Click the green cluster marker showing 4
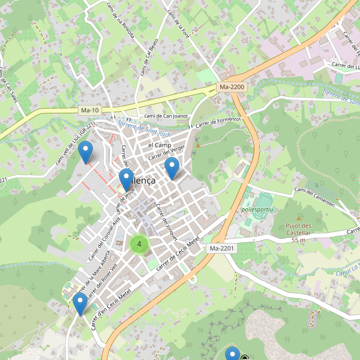139,244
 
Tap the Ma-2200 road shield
232,88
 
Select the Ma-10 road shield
90,110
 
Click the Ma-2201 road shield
222,248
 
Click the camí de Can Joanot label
166,116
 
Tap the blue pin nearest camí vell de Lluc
87,151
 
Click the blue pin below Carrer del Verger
172,169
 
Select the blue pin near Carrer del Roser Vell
79,304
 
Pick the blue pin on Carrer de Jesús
126,179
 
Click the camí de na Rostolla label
112,21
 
